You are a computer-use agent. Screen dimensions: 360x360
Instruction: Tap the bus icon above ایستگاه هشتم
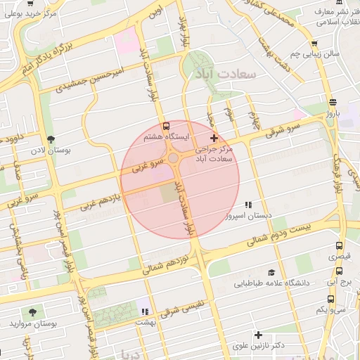[x=165, y=124]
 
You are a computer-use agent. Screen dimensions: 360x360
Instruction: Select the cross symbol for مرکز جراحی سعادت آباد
[x=214, y=139]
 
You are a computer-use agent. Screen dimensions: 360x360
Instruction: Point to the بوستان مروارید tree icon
[x=32, y=311]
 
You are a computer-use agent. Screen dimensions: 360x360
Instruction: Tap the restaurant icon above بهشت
[x=145, y=311]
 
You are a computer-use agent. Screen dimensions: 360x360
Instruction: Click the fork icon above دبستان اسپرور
[x=229, y=205]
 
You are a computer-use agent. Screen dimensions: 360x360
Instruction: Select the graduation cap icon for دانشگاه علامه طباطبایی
[x=271, y=273]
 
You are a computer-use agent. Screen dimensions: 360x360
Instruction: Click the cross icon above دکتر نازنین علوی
[x=259, y=335]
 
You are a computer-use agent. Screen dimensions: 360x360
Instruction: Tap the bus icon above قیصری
[x=340, y=246]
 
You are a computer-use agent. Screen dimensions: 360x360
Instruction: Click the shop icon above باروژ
[x=332, y=101]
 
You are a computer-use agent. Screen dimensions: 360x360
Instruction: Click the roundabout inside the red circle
[x=174, y=158]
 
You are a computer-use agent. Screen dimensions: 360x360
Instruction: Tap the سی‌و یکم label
[x=330, y=309]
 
